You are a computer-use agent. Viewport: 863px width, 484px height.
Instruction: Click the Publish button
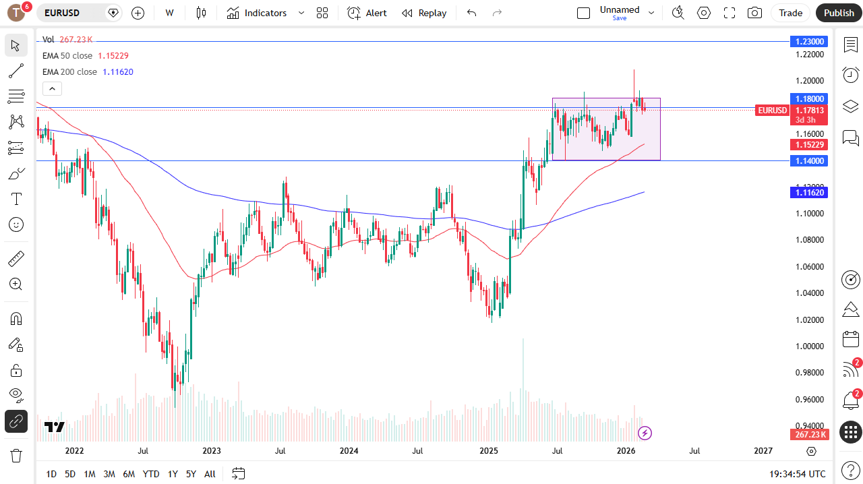click(x=839, y=13)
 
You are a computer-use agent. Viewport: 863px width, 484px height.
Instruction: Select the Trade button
click(x=791, y=13)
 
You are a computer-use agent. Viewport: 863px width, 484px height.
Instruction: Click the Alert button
click(x=367, y=13)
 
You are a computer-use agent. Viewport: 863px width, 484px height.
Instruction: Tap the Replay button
click(x=424, y=13)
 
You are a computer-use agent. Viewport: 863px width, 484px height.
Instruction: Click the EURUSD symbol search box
click(x=71, y=13)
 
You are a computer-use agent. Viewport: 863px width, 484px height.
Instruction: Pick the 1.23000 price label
click(x=808, y=42)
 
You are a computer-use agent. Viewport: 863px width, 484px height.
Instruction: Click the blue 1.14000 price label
click(x=808, y=160)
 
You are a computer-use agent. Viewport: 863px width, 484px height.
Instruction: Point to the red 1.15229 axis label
click(x=808, y=144)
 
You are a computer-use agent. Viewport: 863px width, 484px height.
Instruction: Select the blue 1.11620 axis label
click(x=808, y=193)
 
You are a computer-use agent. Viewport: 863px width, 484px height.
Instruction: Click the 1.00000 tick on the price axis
click(x=809, y=346)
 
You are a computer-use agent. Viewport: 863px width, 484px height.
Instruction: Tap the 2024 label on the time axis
click(x=349, y=451)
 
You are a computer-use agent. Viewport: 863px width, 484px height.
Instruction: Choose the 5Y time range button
click(x=191, y=474)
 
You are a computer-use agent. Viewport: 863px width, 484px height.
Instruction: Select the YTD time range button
click(x=151, y=474)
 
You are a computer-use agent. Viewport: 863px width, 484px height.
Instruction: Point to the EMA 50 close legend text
click(x=67, y=56)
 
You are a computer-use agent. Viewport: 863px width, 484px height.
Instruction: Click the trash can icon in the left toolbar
click(x=16, y=456)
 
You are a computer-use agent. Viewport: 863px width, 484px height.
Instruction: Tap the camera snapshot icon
click(x=755, y=13)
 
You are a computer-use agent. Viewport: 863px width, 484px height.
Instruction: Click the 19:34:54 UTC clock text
click(x=798, y=474)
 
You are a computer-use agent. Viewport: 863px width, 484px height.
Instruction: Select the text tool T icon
click(x=16, y=199)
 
